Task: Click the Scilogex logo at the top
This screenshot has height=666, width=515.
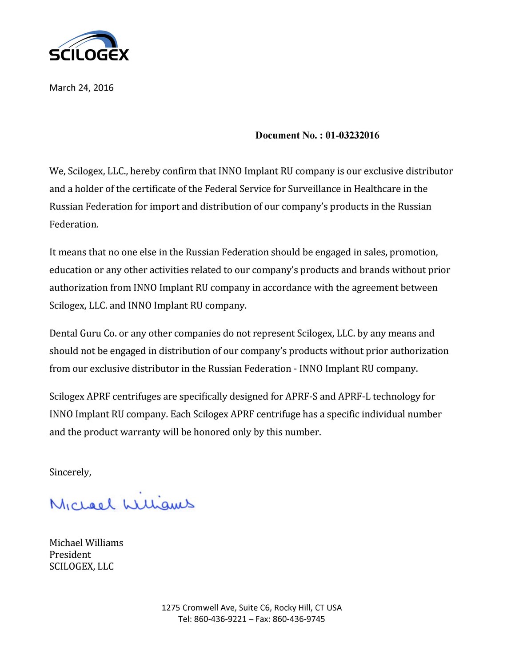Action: coord(89,46)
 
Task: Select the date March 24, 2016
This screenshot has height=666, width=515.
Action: coord(81,88)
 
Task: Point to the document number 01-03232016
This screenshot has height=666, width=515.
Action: coord(352,135)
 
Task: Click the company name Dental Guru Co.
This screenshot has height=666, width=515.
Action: coord(83,333)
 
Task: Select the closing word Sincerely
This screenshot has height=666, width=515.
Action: coord(70,472)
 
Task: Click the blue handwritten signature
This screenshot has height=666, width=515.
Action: coord(122,503)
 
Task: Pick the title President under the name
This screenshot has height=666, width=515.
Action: coord(70,555)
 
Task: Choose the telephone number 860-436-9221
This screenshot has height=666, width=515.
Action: coord(220,619)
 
